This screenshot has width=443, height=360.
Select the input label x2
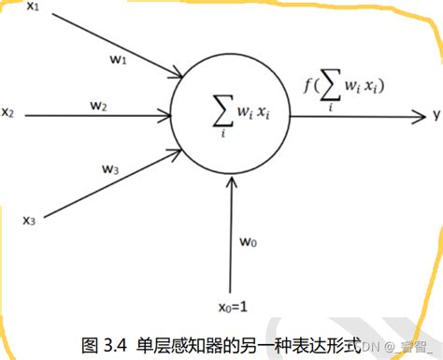[7, 113]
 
